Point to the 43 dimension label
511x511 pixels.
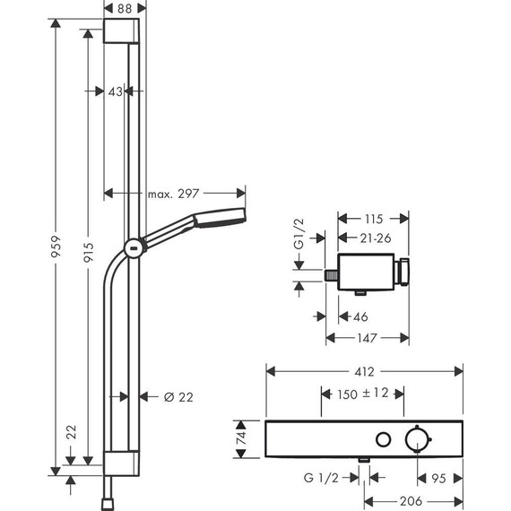point(116,90)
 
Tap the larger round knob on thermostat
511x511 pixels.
point(415,439)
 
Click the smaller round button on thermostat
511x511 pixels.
point(383,439)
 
